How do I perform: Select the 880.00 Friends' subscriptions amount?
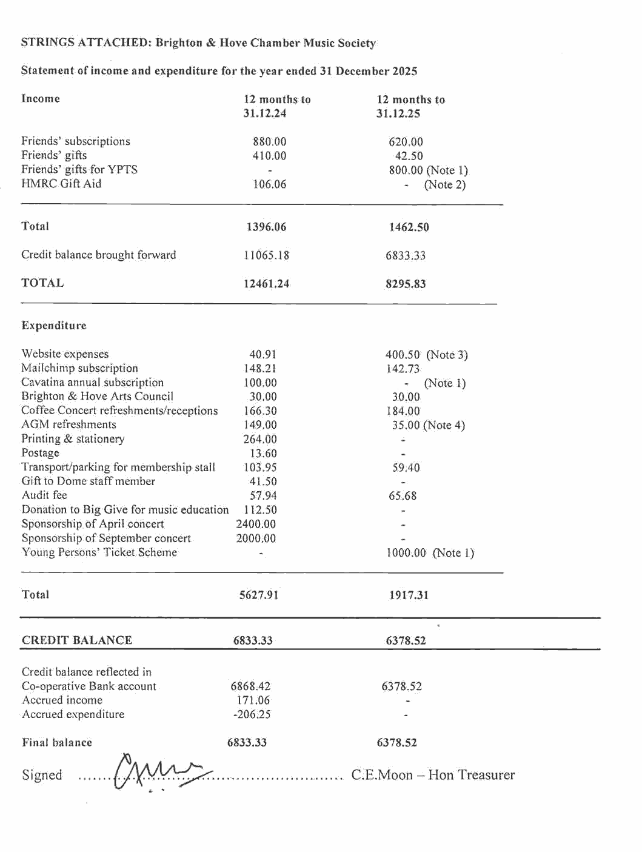point(270,142)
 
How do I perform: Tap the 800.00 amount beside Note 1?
point(406,170)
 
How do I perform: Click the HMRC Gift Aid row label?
point(61,184)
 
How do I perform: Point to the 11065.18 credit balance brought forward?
point(267,255)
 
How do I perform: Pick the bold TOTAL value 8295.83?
point(406,284)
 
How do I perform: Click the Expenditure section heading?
point(54,326)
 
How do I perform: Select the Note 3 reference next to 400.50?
point(447,355)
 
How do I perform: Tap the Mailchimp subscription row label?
point(79,368)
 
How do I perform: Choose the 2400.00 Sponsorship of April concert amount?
point(256,524)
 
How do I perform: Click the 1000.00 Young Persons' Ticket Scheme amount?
point(406,553)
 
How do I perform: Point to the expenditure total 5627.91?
point(259,595)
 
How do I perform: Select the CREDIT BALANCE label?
point(77,640)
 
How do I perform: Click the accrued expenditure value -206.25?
point(252,714)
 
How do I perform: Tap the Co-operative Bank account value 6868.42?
point(250,686)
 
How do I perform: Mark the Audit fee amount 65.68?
point(403,496)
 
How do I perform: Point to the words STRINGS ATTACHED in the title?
point(85,42)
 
